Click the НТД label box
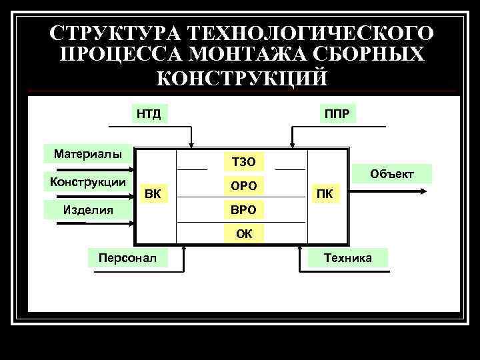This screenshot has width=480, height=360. tap(149, 113)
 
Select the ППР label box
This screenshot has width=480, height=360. tap(337, 113)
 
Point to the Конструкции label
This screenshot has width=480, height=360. tap(84, 181)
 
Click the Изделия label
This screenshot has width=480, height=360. tap(87, 210)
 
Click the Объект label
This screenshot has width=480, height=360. tap(392, 174)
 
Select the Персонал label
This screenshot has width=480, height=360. tap(127, 257)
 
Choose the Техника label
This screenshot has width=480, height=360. tap(347, 257)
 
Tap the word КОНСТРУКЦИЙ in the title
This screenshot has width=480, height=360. tap(241, 77)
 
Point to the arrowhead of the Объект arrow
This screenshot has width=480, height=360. tap(423, 191)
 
